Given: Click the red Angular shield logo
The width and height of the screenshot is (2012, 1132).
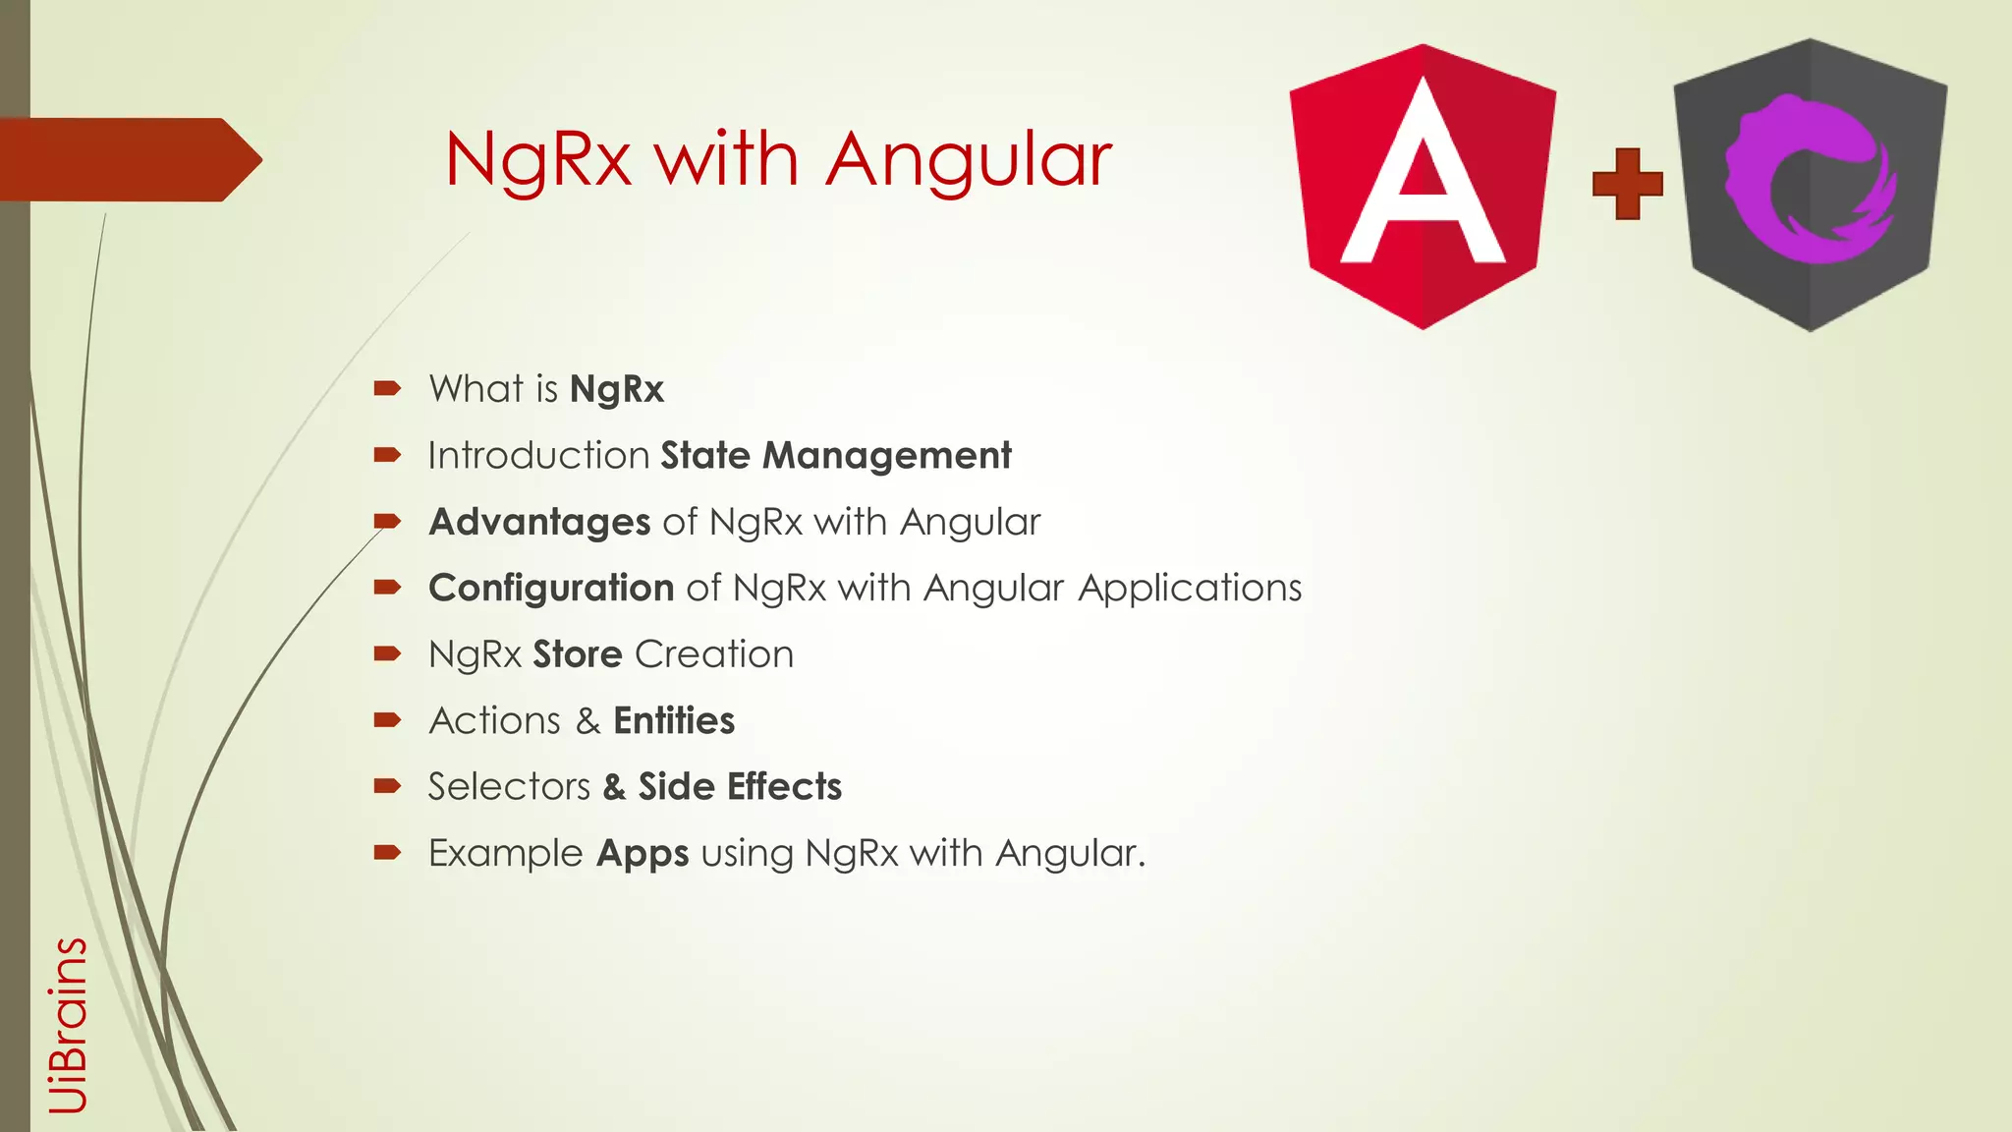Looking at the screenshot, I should pyautogui.click(x=1422, y=187).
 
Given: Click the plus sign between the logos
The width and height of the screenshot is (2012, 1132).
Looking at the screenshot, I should pyautogui.click(x=1627, y=184).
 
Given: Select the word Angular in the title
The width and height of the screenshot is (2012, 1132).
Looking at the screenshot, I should pyautogui.click(x=969, y=159).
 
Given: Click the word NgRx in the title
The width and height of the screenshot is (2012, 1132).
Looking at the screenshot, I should pyautogui.click(x=537, y=159).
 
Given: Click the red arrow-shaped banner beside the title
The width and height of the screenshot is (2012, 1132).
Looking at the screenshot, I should pyautogui.click(x=128, y=159).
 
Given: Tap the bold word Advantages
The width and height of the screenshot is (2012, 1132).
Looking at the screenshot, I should pyautogui.click(x=539, y=522).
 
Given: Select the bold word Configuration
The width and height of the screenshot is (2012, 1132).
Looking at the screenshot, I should pyautogui.click(x=551, y=588).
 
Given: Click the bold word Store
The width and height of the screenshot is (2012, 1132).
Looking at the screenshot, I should pyautogui.click(x=578, y=654).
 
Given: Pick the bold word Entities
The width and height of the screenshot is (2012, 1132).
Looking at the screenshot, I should pyautogui.click(x=674, y=720).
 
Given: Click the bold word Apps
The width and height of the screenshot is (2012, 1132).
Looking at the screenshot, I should pyautogui.click(x=643, y=854).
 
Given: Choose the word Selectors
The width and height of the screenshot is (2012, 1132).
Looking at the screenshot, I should pyautogui.click(x=509, y=787).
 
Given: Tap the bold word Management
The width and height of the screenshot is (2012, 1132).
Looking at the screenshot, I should pyautogui.click(x=887, y=456).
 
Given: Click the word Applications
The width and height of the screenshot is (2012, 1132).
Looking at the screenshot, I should pyautogui.click(x=1190, y=589).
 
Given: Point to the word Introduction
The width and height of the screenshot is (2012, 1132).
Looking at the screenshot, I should pyautogui.click(x=538, y=456).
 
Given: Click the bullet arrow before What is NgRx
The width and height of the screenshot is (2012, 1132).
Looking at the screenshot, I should pyautogui.click(x=387, y=388).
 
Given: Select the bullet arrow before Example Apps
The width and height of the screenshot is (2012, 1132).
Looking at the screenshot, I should pyautogui.click(x=387, y=852).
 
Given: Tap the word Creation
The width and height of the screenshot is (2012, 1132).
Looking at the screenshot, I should pyautogui.click(x=714, y=654).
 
